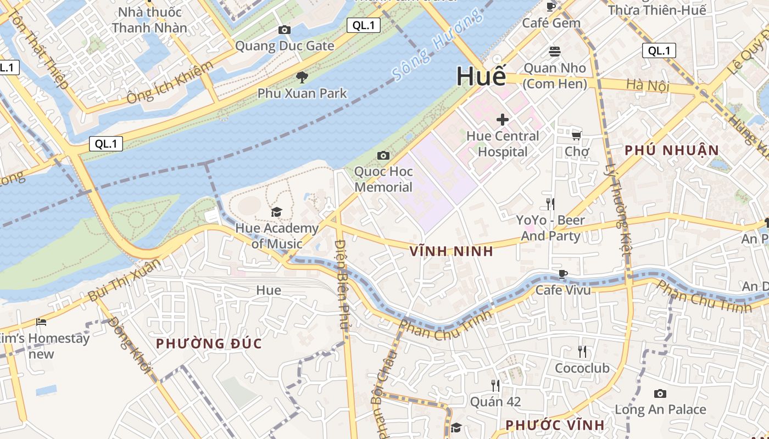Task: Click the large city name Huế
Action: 481,76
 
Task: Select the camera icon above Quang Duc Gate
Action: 284,30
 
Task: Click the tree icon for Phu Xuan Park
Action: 302,77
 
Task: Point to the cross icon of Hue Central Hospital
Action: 502,119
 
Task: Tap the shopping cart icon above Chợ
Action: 576,136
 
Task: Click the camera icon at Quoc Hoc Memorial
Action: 383,156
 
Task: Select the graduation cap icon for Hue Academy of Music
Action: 276,212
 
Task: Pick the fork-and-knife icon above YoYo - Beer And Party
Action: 550,204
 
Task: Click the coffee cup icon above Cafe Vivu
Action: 562,274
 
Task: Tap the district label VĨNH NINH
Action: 452,252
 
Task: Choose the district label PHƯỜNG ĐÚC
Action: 209,344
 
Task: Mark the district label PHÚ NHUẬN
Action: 672,150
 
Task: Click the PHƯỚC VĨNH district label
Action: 555,425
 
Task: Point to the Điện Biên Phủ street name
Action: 343,284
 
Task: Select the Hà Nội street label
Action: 644,85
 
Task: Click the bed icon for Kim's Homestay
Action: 41,322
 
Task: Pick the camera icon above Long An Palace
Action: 660,393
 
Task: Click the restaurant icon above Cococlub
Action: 582,351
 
